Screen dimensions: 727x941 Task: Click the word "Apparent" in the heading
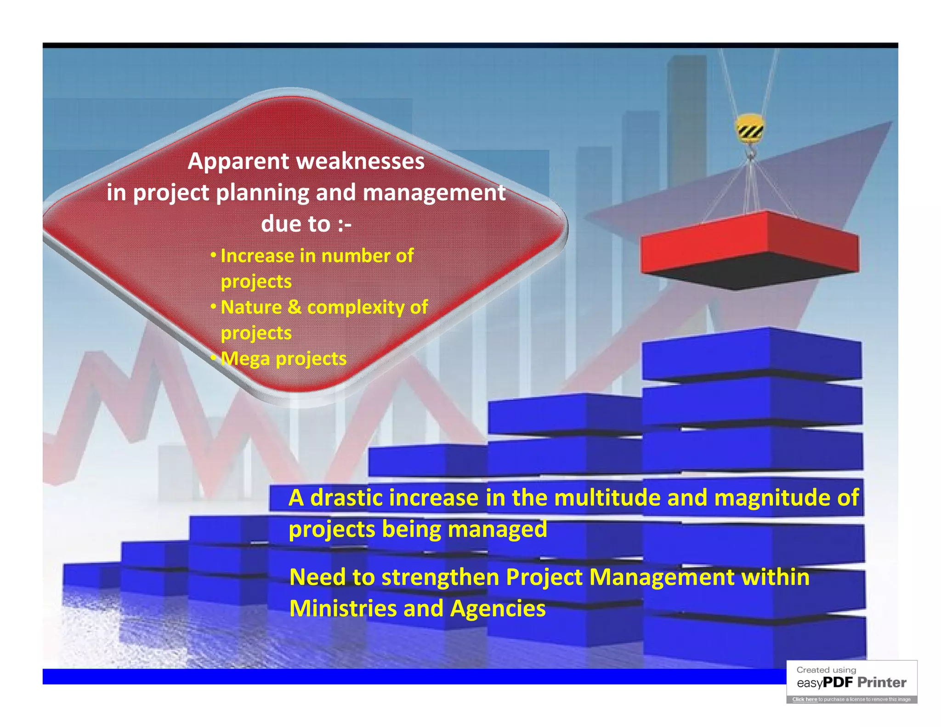pyautogui.click(x=238, y=162)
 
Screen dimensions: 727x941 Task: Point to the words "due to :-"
pyautogui.click(x=306, y=224)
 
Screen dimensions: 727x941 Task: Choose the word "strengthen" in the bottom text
pyautogui.click(x=440, y=578)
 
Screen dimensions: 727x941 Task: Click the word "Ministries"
pyautogui.click(x=343, y=609)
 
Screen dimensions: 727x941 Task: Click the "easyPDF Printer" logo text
pyautogui.click(x=851, y=683)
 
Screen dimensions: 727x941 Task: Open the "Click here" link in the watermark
pyautogui.click(x=805, y=699)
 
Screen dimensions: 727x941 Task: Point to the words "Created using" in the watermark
pyautogui.click(x=826, y=670)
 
